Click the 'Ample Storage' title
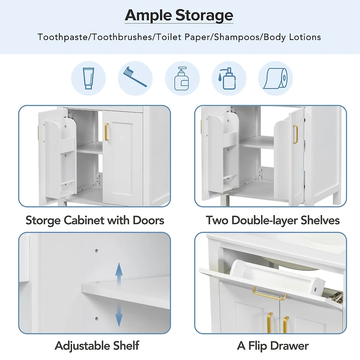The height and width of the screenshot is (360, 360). click(179, 15)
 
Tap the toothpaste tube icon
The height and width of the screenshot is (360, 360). click(88, 78)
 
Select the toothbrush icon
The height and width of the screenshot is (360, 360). click(135, 78)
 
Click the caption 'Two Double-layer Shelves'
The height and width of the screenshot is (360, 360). click(273, 220)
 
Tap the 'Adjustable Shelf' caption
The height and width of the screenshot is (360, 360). click(97, 346)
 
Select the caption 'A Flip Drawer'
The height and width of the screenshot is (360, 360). click(273, 346)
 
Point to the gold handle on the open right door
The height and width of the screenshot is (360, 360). click(295, 134)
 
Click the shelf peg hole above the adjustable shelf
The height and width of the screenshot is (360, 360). click(96, 248)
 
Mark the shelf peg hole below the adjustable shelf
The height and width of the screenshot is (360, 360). click(96, 319)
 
